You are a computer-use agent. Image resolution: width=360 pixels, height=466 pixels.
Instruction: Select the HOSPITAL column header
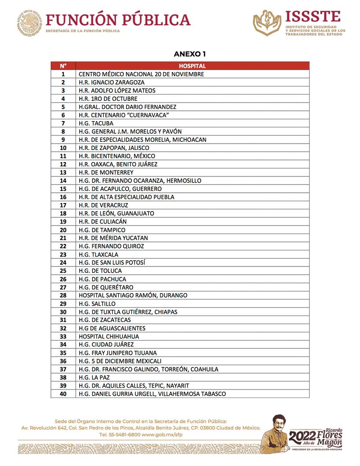(192, 66)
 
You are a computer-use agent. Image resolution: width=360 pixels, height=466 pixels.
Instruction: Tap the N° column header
(63, 66)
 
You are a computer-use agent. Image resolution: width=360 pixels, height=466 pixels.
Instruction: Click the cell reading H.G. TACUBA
(96, 123)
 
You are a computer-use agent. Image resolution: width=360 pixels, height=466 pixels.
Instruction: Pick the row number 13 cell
(63, 172)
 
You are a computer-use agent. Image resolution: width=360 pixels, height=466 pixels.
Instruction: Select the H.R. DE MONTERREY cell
(106, 172)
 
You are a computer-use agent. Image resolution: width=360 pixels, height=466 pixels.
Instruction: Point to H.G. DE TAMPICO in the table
(102, 230)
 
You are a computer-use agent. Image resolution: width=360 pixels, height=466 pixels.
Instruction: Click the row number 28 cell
(63, 295)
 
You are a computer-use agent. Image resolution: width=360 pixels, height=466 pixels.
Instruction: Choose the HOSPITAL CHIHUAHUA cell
(108, 336)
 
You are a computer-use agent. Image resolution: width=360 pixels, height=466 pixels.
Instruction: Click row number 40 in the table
(63, 394)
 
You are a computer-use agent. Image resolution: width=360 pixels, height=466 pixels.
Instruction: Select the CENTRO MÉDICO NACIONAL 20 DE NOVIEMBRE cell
(141, 74)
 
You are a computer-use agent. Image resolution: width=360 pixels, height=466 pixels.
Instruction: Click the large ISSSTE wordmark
(313, 17)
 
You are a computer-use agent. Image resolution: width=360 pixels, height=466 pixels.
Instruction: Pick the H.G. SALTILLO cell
(97, 304)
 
